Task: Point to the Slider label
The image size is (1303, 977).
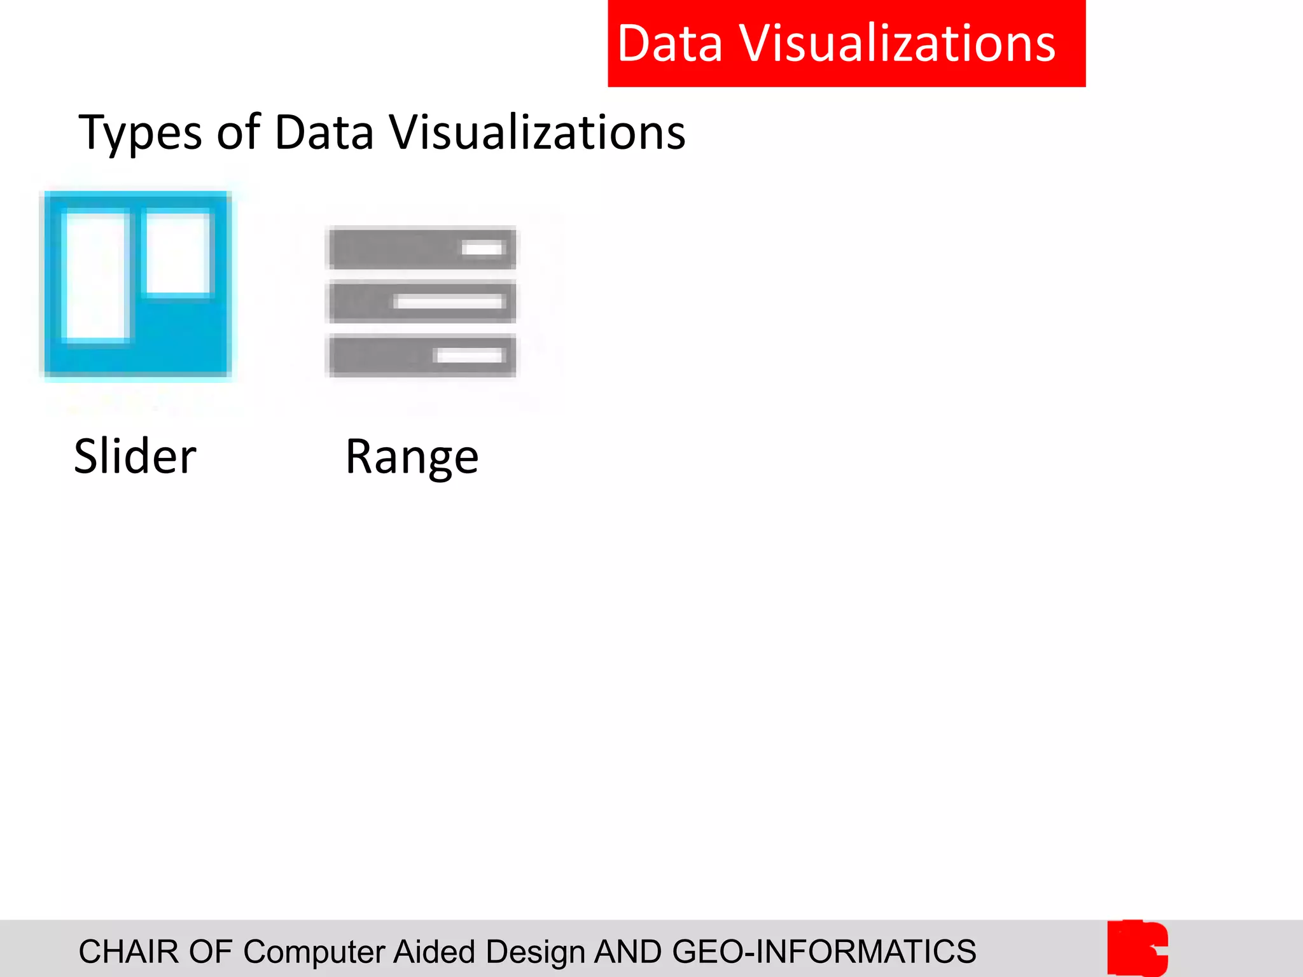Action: coord(135,456)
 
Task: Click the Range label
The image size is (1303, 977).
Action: coord(412,457)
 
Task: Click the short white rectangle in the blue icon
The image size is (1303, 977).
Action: coord(178,253)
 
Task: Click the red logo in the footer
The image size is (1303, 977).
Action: coord(1138,948)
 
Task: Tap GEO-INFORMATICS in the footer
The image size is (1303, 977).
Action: coord(823,952)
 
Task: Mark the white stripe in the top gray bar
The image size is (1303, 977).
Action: coord(483,248)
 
